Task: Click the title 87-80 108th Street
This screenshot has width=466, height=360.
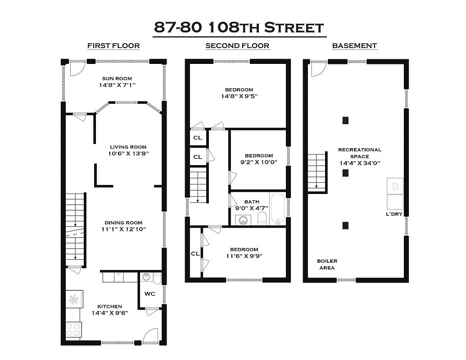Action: tap(239, 27)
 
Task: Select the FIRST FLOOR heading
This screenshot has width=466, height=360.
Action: tap(113, 46)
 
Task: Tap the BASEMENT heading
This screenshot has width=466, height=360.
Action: tap(354, 46)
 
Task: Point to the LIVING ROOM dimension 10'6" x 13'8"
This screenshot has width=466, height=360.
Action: tap(128, 153)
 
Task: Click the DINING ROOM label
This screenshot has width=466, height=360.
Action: tap(123, 223)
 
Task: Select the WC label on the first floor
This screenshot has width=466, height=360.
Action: tap(149, 294)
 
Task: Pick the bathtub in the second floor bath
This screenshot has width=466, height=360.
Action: tap(277, 209)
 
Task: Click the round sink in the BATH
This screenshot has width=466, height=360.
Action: tap(243, 220)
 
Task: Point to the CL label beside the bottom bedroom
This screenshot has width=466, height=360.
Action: tap(195, 253)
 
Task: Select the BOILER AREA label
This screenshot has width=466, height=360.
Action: tap(327, 264)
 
